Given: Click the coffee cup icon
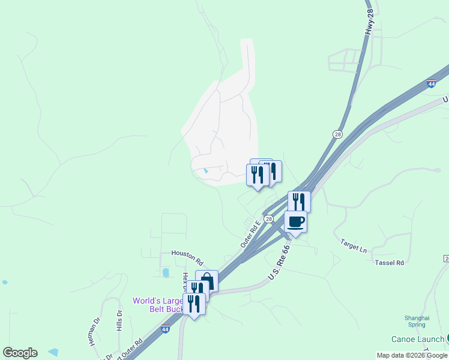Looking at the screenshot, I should [295, 221].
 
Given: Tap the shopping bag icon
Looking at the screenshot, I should [206, 280].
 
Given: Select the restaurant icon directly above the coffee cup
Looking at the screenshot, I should [299, 201].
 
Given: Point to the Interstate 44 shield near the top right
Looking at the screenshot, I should [431, 83].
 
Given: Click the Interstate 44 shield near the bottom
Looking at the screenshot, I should [166, 329].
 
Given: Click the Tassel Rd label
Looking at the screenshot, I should [389, 263].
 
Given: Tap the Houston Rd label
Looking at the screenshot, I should [187, 258].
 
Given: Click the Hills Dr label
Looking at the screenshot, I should [119, 321].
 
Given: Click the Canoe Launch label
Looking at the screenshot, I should [418, 340].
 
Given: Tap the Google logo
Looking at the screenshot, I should [20, 353].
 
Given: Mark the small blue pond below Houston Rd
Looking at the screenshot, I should [165, 273].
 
